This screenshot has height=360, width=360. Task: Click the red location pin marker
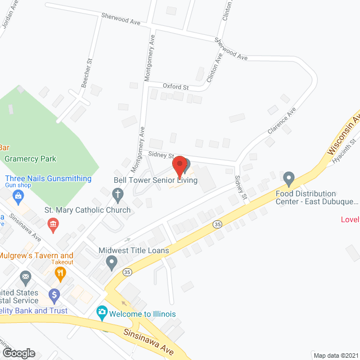click(179, 166)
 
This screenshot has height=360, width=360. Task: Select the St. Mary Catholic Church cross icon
click(118, 196)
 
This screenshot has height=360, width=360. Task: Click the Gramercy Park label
click(30, 159)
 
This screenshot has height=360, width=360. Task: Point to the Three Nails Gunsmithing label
click(48, 179)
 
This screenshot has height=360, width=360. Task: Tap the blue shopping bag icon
click(19, 196)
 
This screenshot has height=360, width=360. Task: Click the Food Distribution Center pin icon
click(289, 179)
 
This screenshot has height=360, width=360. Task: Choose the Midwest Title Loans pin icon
click(112, 261)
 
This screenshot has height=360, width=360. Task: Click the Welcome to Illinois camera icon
click(102, 312)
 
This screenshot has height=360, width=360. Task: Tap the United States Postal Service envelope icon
click(25, 277)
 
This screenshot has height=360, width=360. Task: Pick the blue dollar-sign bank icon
click(54, 294)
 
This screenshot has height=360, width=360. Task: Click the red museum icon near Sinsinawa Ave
click(53, 225)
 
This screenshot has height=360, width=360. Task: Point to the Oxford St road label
click(175, 87)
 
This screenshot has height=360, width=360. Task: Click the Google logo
click(19, 353)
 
